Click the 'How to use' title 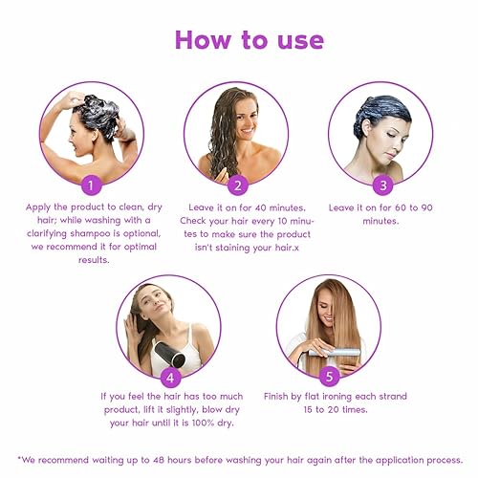pyautogui.click(x=249, y=39)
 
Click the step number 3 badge pyautogui.click(x=383, y=184)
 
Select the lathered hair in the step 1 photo pyautogui.click(x=98, y=112)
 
